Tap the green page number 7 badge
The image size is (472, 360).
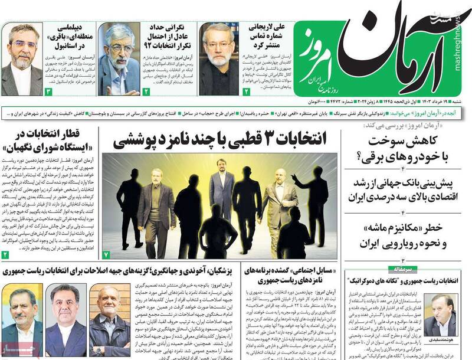point(106,254)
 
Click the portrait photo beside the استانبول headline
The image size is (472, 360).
point(22,58)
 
